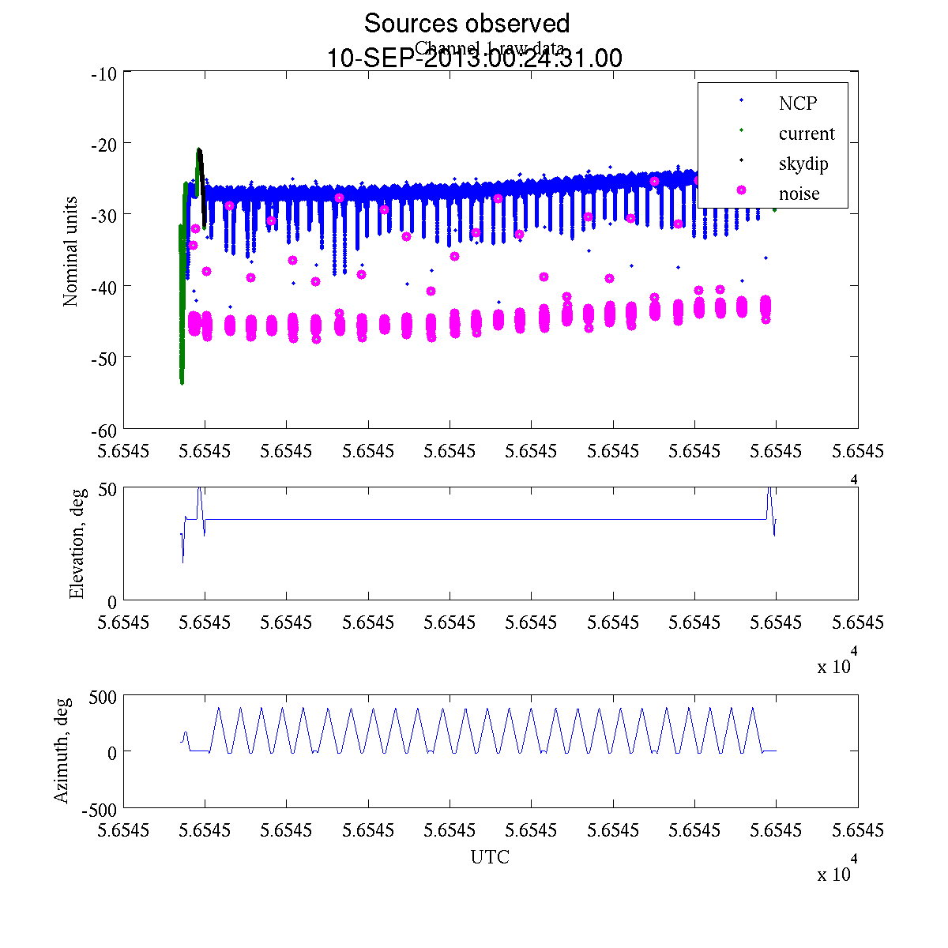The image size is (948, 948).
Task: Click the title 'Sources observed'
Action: click(x=466, y=24)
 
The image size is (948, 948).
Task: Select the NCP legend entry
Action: click(x=798, y=103)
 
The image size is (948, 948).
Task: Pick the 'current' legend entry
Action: click(x=806, y=134)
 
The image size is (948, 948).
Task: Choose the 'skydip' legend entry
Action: click(x=803, y=164)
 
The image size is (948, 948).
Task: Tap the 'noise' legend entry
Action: click(x=799, y=194)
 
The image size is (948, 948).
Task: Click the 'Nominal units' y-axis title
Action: click(x=71, y=251)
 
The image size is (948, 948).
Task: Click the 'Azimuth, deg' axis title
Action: click(x=62, y=750)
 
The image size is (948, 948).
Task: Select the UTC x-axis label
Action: click(x=490, y=857)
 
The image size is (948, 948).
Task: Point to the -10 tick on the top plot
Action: click(x=105, y=74)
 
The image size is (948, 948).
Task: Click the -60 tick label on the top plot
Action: click(x=105, y=430)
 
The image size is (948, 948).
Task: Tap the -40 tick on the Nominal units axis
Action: click(x=105, y=286)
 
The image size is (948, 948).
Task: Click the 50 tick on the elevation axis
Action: click(x=107, y=488)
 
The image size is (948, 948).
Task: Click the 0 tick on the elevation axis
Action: click(x=112, y=602)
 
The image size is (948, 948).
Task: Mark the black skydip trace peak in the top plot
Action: click(x=199, y=150)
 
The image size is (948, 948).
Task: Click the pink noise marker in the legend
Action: click(x=741, y=190)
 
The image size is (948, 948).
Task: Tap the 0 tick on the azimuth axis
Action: click(x=112, y=752)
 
